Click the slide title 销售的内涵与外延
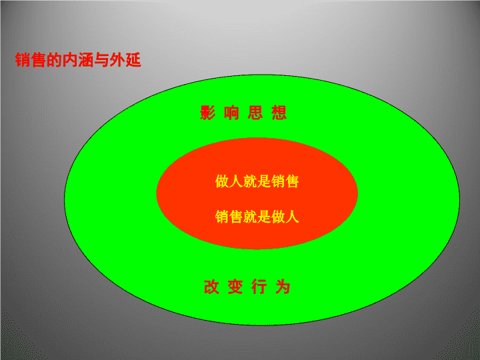coord(78,60)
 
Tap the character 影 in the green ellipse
coord(208,113)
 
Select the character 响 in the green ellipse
coord(232,113)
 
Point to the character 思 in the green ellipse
coord(255,113)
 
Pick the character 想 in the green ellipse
coord(279,113)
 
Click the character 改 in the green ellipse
coord(211,287)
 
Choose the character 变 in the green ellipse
coord(235,287)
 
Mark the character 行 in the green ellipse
coord(259,287)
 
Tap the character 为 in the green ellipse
coord(283,287)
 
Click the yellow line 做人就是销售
coord(257,181)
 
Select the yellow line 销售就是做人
coord(257,217)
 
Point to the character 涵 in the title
coord(86,60)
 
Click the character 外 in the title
coord(117,60)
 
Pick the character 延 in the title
coord(133,60)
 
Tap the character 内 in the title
coord(70,60)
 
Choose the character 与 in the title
coord(101,60)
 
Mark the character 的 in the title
coord(54,60)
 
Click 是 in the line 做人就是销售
coord(264,181)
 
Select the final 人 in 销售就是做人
coord(293,217)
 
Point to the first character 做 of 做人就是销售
coord(222,181)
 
